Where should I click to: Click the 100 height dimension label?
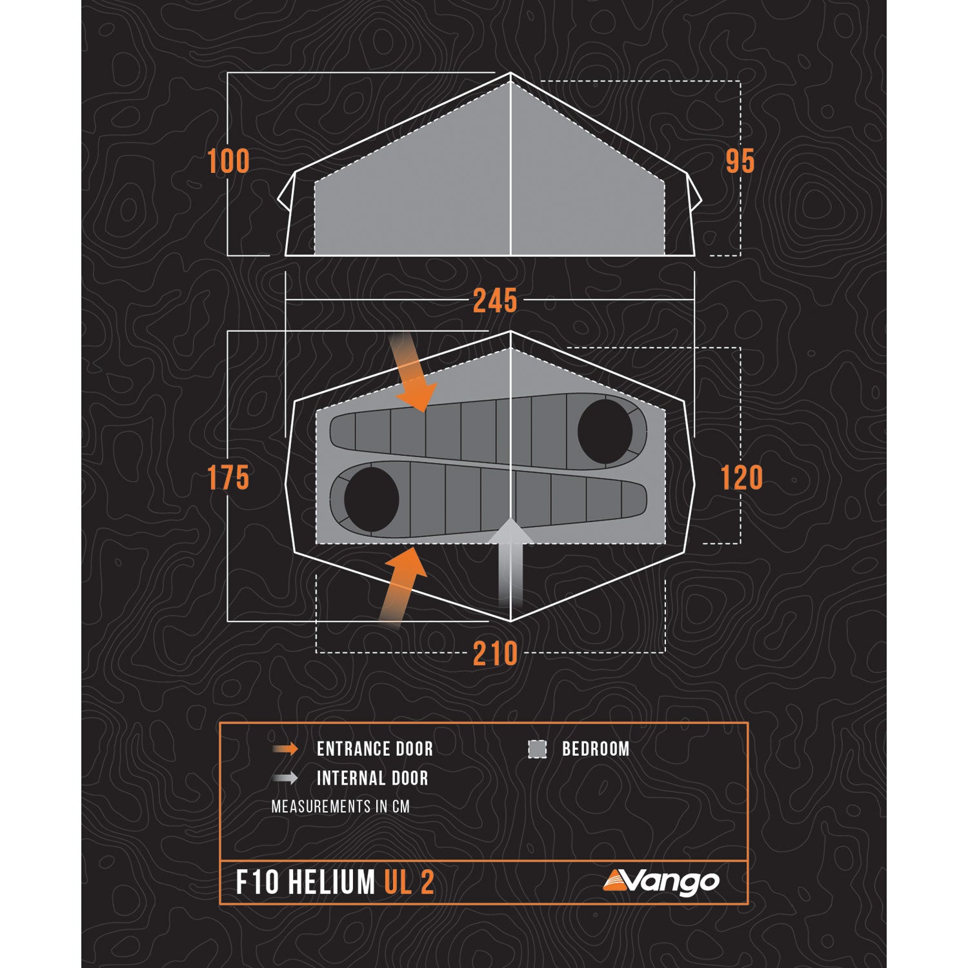click(x=228, y=161)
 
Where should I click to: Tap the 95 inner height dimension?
click(x=740, y=161)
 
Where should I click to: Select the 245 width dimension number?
click(x=495, y=301)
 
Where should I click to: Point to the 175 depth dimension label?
click(x=228, y=478)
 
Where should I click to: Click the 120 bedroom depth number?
click(x=741, y=478)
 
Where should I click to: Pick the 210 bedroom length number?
click(x=495, y=654)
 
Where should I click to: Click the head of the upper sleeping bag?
click(x=605, y=432)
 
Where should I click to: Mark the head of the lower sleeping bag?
click(x=372, y=499)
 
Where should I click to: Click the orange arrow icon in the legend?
click(x=285, y=749)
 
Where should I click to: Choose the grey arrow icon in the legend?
click(x=285, y=778)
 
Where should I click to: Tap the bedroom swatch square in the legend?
click(x=537, y=749)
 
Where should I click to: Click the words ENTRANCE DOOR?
click(x=375, y=749)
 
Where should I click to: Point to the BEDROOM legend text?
click(x=595, y=749)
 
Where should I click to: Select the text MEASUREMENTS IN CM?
click(x=340, y=807)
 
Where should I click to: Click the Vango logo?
click(x=661, y=882)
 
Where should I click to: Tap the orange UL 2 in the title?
click(x=409, y=883)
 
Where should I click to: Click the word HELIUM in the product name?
click(x=331, y=883)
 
